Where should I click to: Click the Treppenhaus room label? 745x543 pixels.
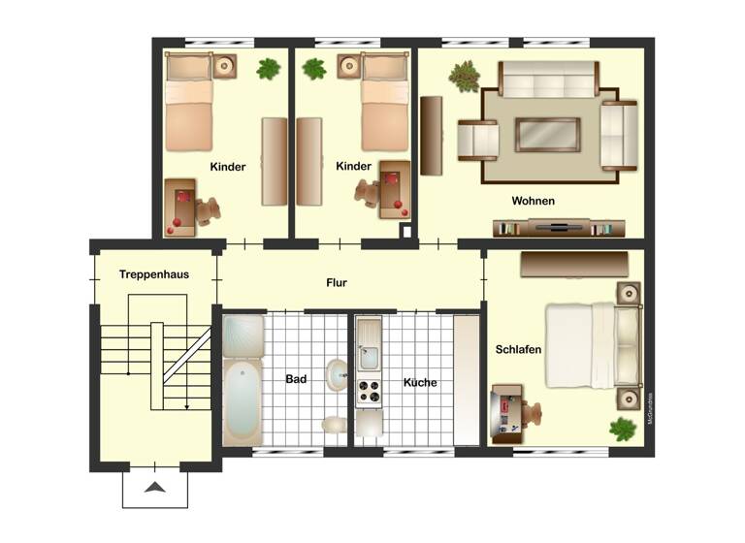click(154, 274)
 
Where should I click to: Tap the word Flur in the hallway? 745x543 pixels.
click(337, 283)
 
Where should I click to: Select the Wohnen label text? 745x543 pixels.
click(534, 202)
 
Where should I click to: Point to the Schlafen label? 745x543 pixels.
click(518, 349)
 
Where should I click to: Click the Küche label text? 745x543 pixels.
click(420, 382)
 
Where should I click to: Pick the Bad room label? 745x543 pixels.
click(296, 379)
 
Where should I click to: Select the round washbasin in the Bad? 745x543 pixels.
click(336, 374)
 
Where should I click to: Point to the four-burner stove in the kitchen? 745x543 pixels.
click(369, 393)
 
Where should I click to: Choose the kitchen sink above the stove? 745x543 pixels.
click(369, 356)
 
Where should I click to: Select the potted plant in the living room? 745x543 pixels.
click(465, 76)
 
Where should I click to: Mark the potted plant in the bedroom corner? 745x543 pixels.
click(621, 428)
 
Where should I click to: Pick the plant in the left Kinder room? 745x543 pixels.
click(269, 69)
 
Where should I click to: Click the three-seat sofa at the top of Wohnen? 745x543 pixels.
click(548, 77)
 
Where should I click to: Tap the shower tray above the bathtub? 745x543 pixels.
click(243, 336)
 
